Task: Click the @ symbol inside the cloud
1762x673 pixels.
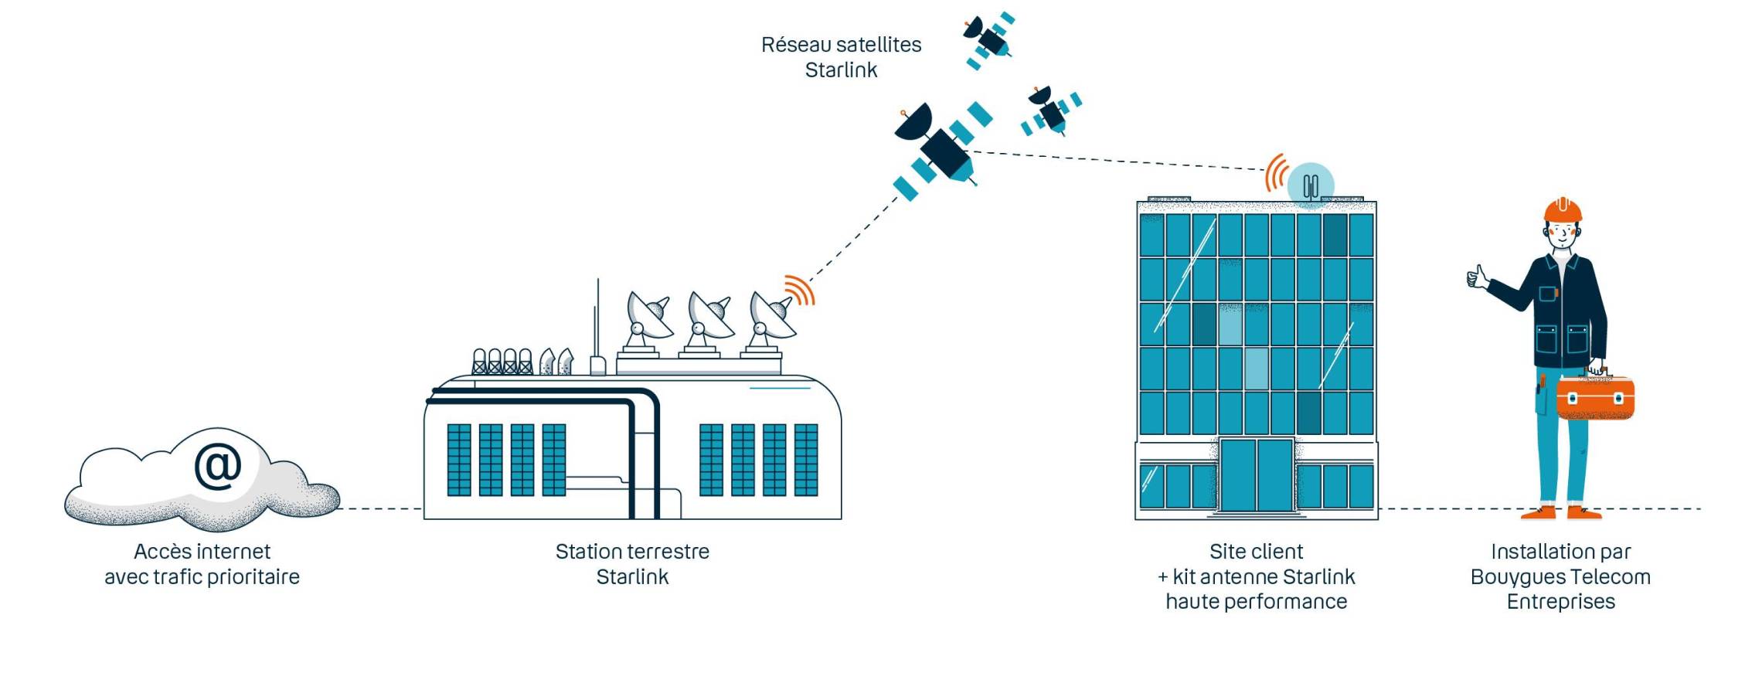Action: tap(217, 465)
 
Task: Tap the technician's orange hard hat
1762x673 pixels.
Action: tap(1563, 209)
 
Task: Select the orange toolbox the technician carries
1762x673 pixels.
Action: tap(1595, 397)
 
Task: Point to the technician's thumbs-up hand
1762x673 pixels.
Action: tap(1477, 277)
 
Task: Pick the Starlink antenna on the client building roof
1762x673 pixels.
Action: tap(1310, 186)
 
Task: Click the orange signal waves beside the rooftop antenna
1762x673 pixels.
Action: tap(1276, 173)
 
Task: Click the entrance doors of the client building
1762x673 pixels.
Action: tap(1256, 474)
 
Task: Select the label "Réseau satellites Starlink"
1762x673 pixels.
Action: tap(841, 57)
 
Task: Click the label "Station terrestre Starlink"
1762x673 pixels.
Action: tap(632, 564)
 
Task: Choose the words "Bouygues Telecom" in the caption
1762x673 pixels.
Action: tap(1560, 577)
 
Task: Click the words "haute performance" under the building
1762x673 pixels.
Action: tap(1256, 602)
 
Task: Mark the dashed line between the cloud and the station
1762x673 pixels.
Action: tap(381, 509)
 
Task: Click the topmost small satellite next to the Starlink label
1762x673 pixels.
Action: tap(988, 39)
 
